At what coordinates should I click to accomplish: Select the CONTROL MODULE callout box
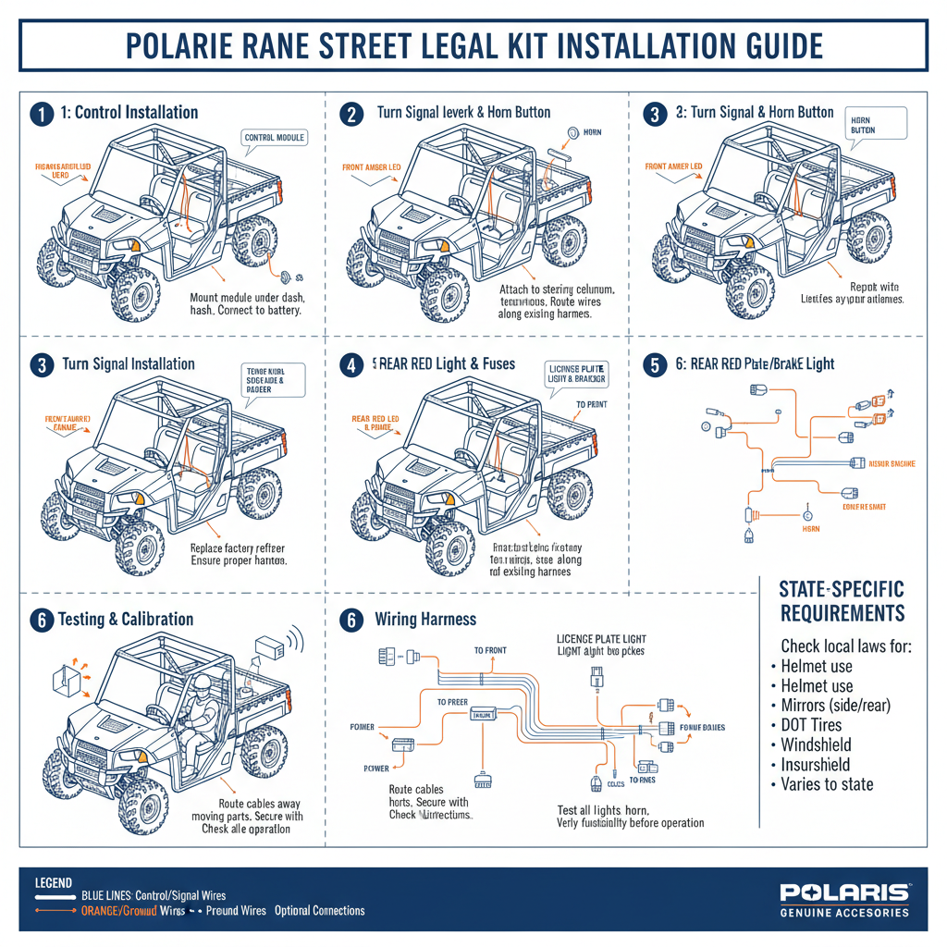(274, 138)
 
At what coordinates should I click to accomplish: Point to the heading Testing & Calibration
(126, 619)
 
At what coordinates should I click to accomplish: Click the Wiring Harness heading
(426, 619)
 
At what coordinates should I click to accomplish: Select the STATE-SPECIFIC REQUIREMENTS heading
(842, 601)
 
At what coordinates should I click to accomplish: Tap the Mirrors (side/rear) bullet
(835, 705)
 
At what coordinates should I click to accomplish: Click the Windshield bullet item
(816, 744)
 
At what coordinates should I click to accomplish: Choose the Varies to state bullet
(827, 784)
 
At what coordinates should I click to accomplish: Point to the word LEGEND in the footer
(53, 883)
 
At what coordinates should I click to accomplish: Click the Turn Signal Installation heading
(129, 363)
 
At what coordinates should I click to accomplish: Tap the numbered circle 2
(351, 114)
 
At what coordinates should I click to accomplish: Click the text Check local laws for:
(846, 646)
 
